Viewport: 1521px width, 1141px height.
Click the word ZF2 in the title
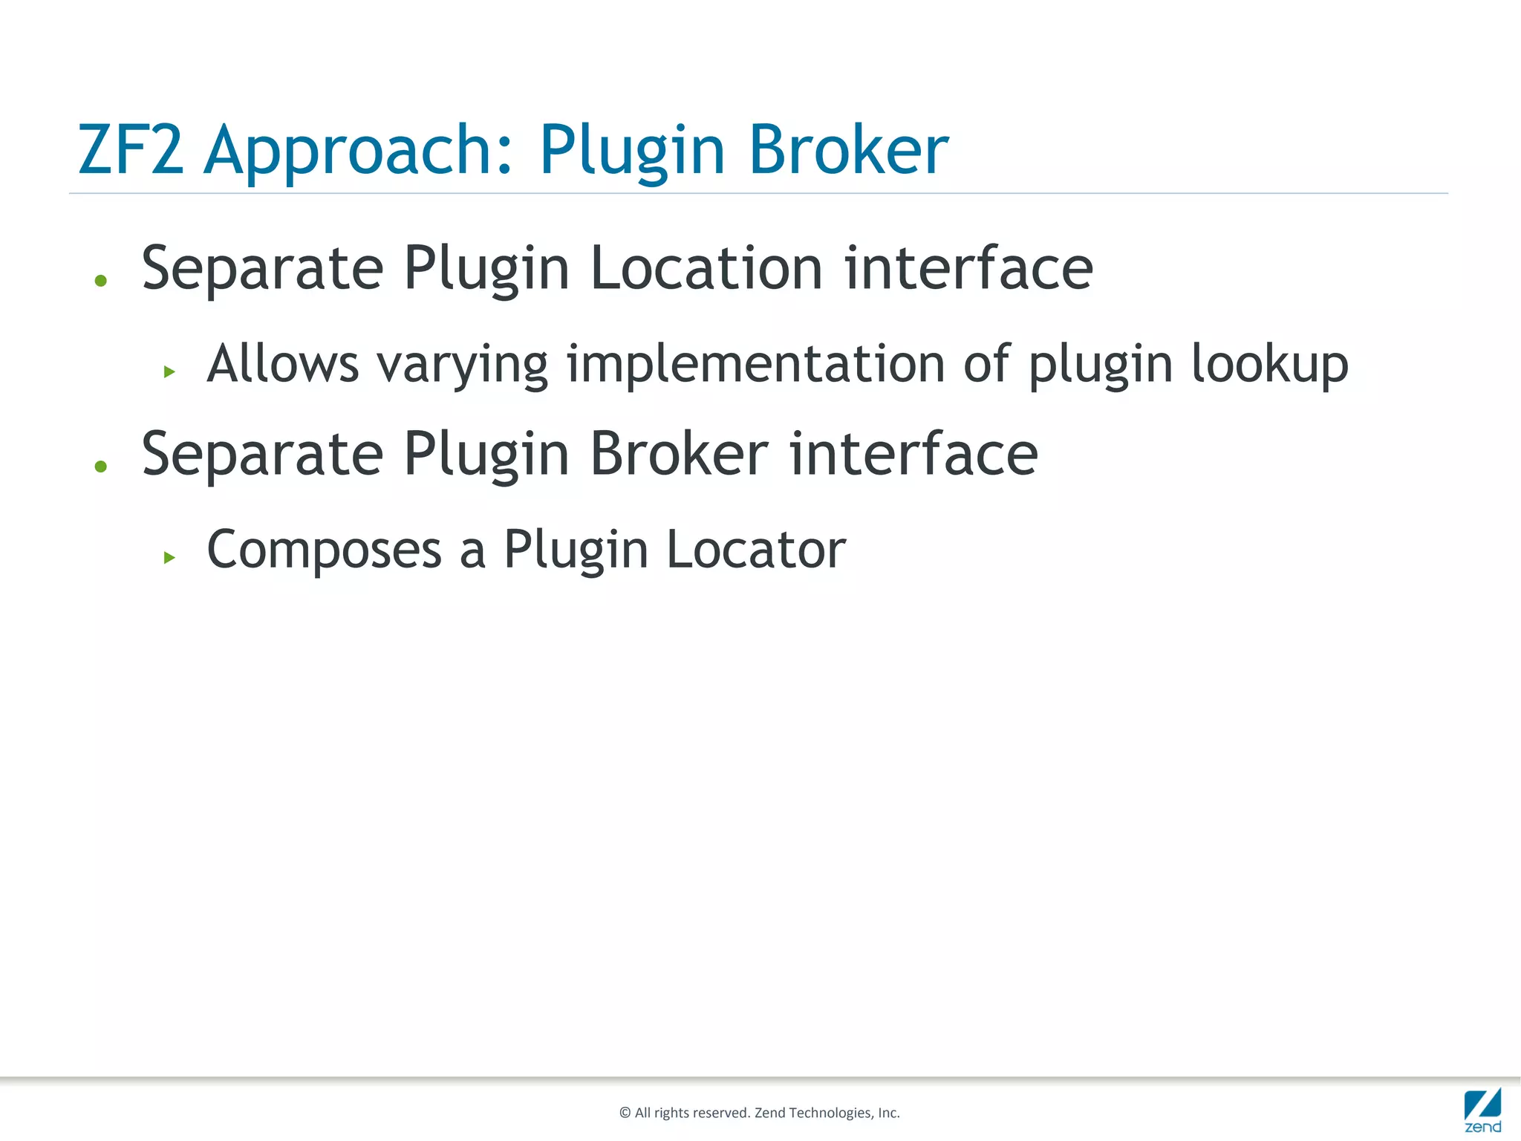(x=131, y=150)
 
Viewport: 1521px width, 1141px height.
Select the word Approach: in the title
(x=358, y=152)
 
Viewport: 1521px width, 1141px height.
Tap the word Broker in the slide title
(x=848, y=150)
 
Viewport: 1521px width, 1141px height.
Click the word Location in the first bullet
(x=706, y=269)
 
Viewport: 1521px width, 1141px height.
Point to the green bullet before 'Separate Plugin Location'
(x=101, y=281)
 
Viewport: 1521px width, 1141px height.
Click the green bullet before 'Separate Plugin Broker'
(x=101, y=467)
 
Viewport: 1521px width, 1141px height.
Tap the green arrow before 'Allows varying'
(x=169, y=371)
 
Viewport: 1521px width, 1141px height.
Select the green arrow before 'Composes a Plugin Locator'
(x=169, y=557)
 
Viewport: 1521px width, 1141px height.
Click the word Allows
(x=283, y=364)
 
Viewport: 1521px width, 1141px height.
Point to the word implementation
(x=755, y=364)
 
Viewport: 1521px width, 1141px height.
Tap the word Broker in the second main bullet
(x=679, y=455)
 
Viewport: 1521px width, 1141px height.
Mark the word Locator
(x=756, y=550)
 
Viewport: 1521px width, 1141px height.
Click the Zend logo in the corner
(x=1482, y=1110)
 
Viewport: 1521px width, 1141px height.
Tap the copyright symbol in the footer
(x=625, y=1113)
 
